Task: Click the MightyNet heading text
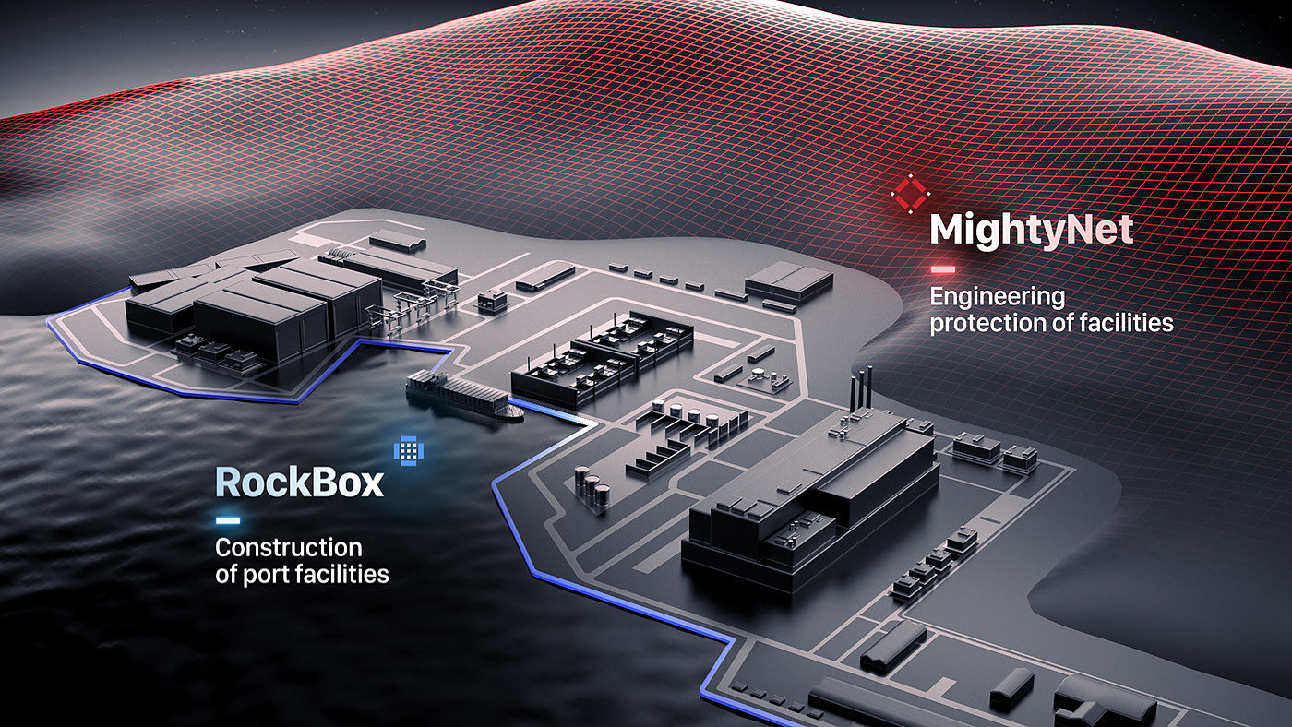coord(1031,230)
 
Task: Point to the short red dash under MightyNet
coord(942,269)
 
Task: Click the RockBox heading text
coord(299,482)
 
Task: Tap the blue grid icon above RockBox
coord(409,449)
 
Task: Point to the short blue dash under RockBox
coord(227,520)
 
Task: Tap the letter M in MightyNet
coord(947,230)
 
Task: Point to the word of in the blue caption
coord(226,574)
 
